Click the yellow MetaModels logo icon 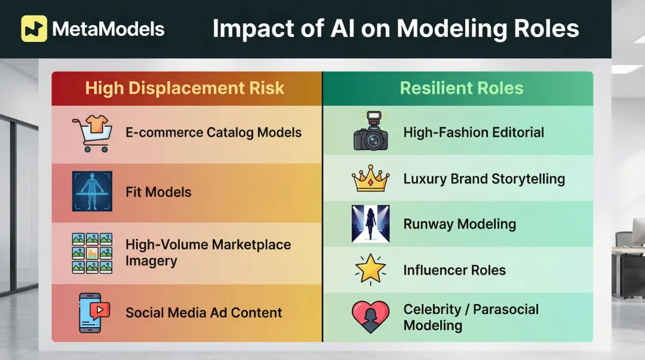pyautogui.click(x=34, y=28)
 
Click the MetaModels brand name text pyautogui.click(x=108, y=29)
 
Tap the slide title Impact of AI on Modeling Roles pyautogui.click(x=395, y=29)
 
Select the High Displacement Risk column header pyautogui.click(x=185, y=89)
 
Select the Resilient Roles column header pyautogui.click(x=461, y=89)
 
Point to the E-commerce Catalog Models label pyautogui.click(x=213, y=133)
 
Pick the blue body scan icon pyautogui.click(x=92, y=192)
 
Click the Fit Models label pyautogui.click(x=158, y=192)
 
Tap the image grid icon pyautogui.click(x=92, y=253)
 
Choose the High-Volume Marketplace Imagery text pyautogui.click(x=208, y=253)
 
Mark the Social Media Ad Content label pyautogui.click(x=204, y=312)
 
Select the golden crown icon pyautogui.click(x=370, y=179)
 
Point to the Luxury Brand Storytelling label pyautogui.click(x=484, y=179)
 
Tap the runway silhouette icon pyautogui.click(x=370, y=224)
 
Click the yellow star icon pyautogui.click(x=370, y=269)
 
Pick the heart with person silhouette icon pyautogui.click(x=370, y=317)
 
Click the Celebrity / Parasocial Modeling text pyautogui.click(x=471, y=317)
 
